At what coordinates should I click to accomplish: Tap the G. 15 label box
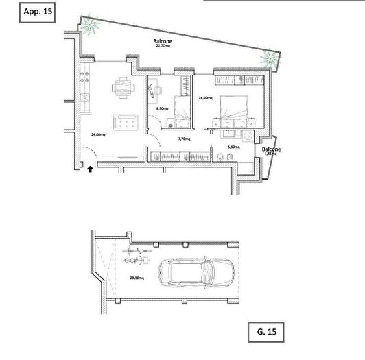coord(263,333)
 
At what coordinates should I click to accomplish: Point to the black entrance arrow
coord(91,167)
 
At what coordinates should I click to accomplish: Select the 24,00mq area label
coord(98,134)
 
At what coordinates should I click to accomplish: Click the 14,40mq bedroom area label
coord(204,98)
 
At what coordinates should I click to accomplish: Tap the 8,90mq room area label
coord(162,108)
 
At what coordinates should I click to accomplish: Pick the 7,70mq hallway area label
coord(184,139)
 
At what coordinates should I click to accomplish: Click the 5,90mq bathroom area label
coord(234,146)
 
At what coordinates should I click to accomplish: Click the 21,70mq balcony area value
coord(163,47)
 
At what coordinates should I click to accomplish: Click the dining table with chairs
coord(122,86)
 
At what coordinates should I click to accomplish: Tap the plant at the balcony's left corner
coord(92,27)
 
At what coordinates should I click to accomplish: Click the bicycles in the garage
coord(137,259)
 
